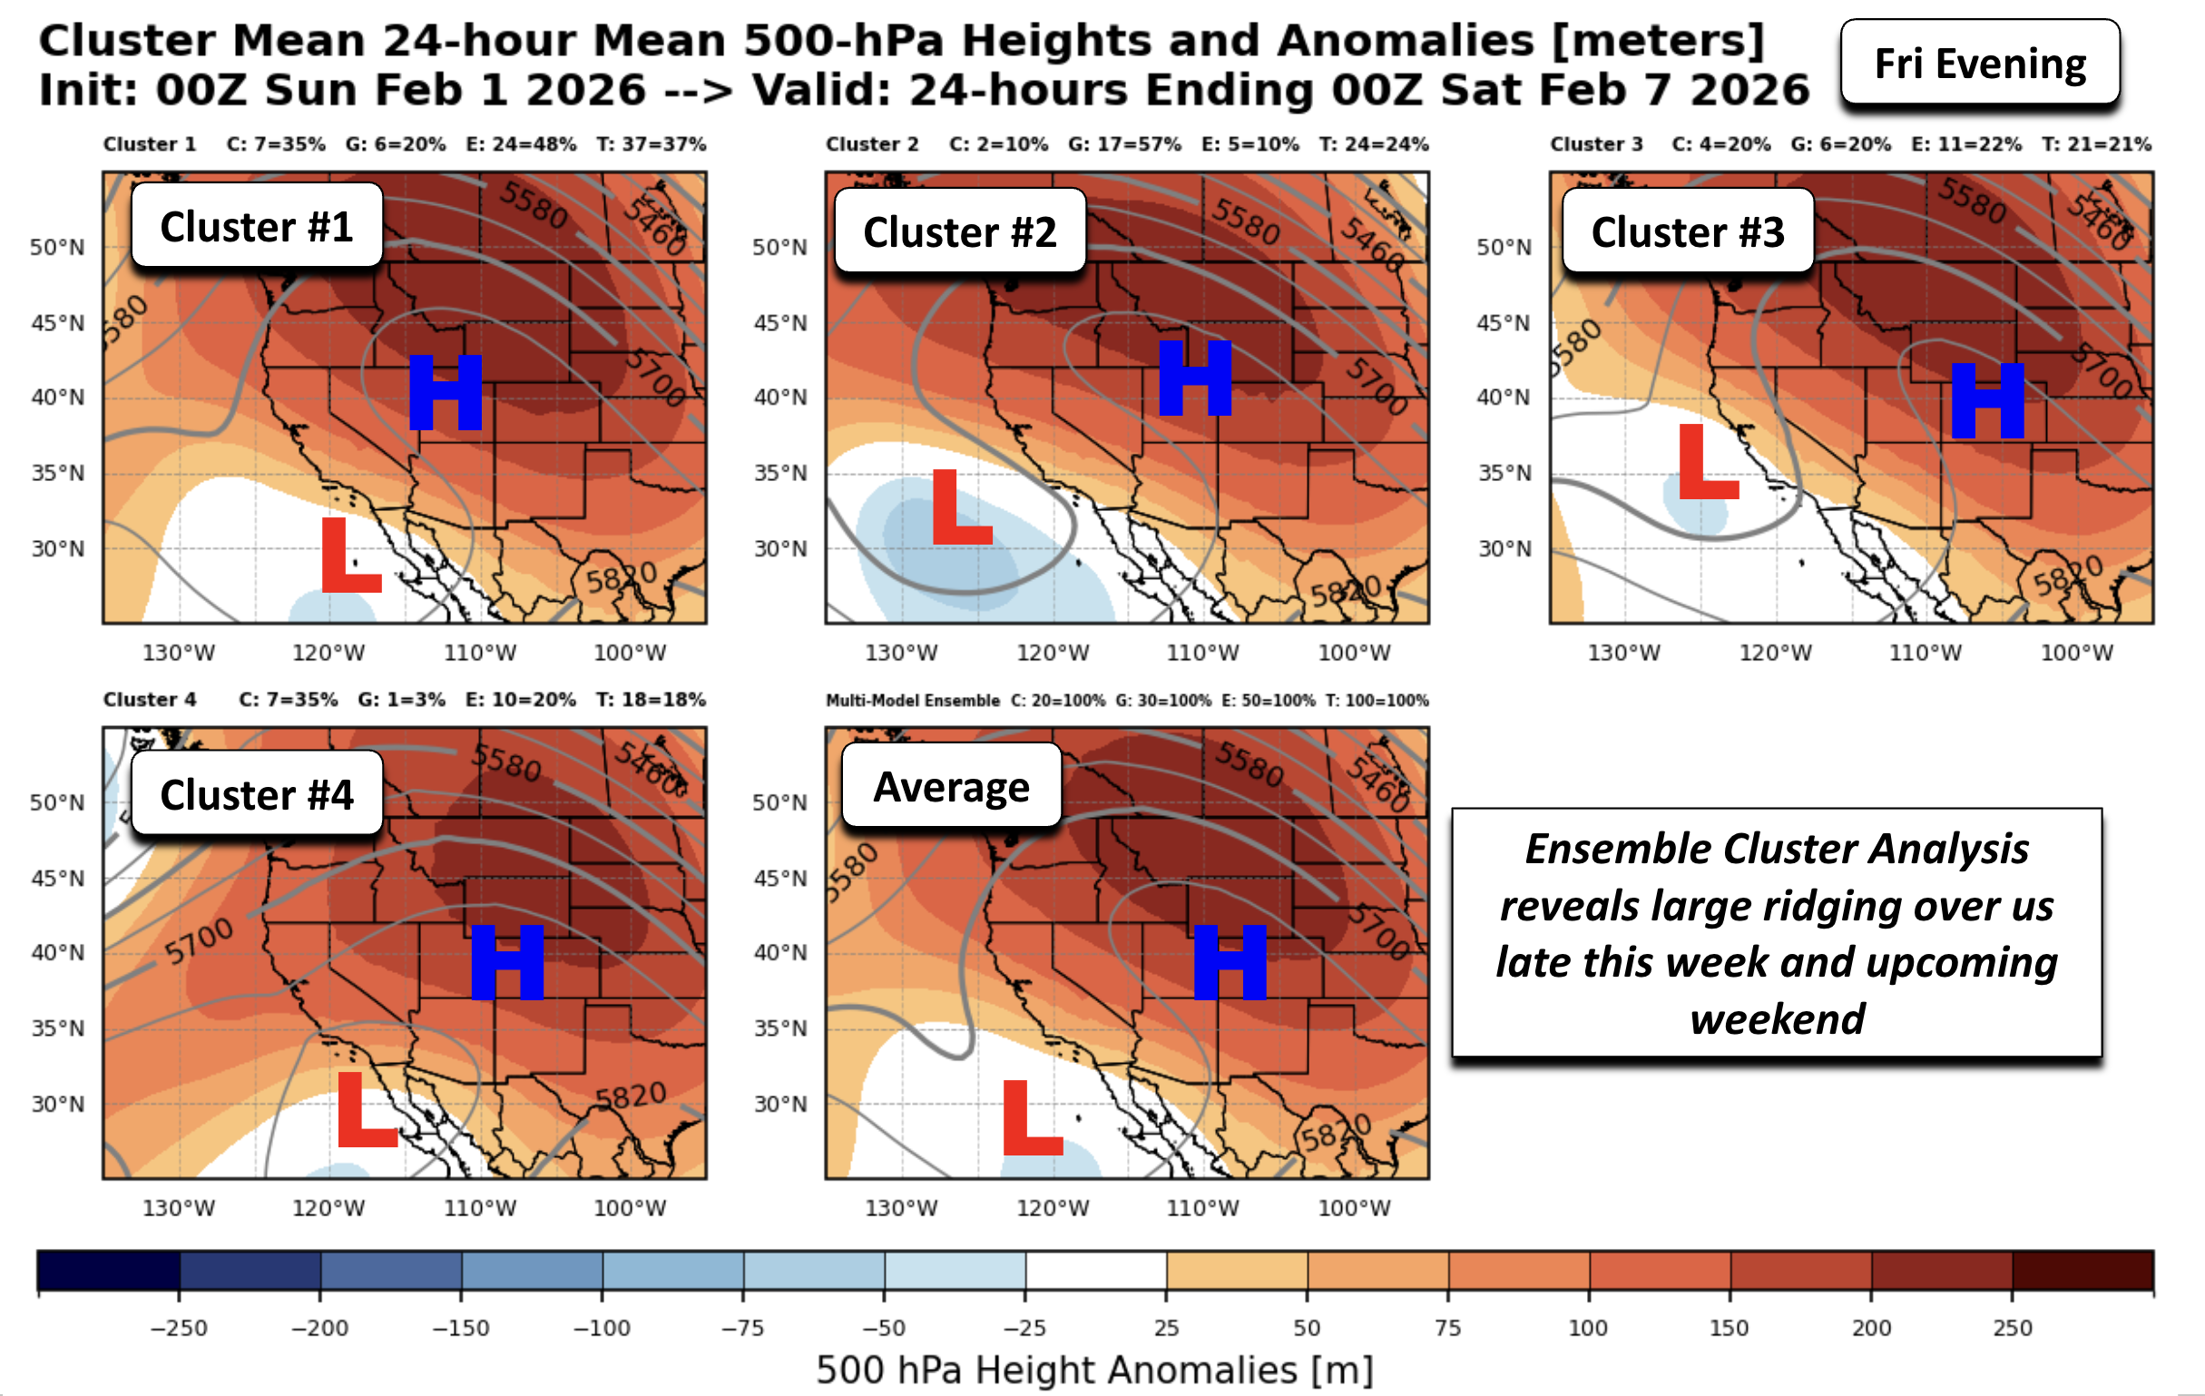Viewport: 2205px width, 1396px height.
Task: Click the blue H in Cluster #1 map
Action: (445, 392)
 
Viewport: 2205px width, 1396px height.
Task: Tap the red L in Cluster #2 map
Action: (961, 506)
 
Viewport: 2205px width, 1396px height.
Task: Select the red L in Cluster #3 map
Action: (1708, 462)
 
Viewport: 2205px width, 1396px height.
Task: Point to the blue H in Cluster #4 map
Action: (507, 961)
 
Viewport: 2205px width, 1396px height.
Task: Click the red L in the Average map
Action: (1032, 1116)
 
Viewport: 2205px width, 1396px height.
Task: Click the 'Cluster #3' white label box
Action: (1688, 231)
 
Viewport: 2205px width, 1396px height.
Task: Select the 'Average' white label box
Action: (951, 786)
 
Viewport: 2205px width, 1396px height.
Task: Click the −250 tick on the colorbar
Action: (180, 1327)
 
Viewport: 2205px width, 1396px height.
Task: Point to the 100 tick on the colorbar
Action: (1588, 1327)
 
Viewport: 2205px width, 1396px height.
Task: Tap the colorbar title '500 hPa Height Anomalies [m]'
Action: (1094, 1371)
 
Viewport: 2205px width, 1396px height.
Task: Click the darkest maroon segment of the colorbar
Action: (2082, 1271)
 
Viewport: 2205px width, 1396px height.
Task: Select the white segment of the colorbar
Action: (1095, 1271)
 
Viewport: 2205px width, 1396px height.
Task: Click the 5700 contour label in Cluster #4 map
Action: (200, 941)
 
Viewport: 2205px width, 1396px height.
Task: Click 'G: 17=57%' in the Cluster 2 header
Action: (1123, 144)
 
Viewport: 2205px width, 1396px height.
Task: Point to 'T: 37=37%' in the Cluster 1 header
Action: (651, 144)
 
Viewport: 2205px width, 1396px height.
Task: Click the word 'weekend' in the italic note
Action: (1777, 1018)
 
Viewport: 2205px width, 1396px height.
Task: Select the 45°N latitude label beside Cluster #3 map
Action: (1503, 322)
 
